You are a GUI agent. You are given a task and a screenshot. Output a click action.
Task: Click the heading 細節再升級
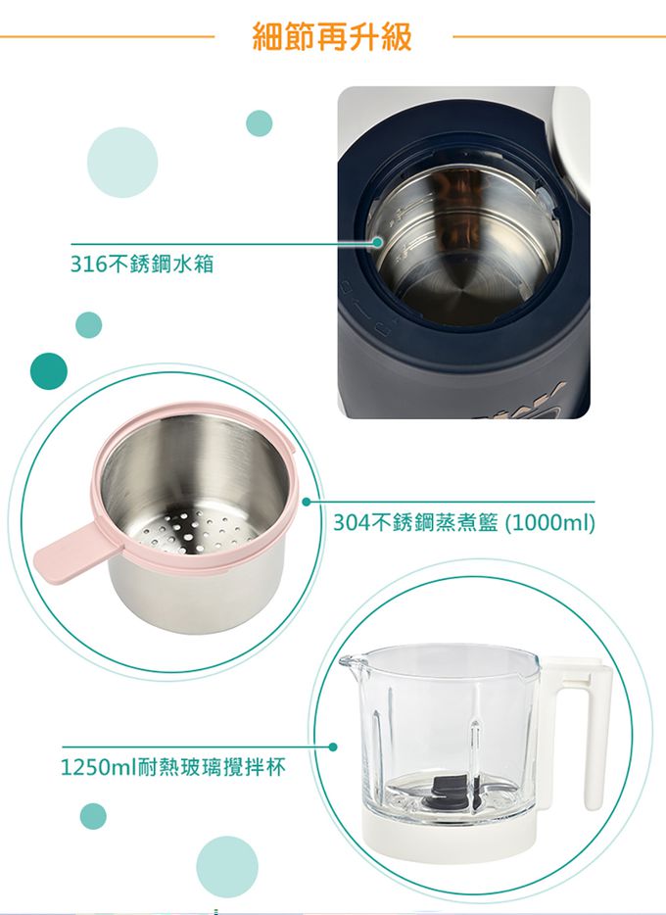(332, 36)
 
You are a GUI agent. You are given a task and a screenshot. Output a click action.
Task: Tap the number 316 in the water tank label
(87, 264)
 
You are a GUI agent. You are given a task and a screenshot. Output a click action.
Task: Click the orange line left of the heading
(108, 37)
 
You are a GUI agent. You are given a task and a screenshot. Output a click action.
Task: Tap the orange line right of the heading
(558, 37)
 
